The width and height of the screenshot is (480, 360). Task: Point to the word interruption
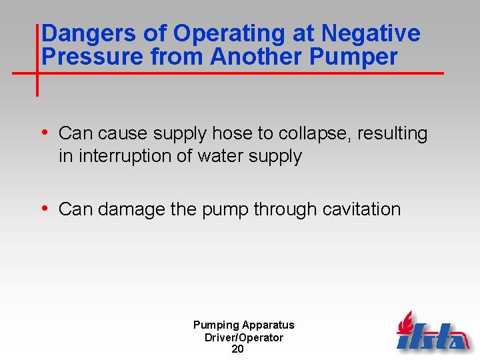click(x=123, y=157)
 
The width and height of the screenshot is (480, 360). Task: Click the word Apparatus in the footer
click(x=268, y=325)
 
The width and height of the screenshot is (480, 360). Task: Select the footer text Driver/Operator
click(x=243, y=337)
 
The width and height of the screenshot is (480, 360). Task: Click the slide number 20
click(x=237, y=349)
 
